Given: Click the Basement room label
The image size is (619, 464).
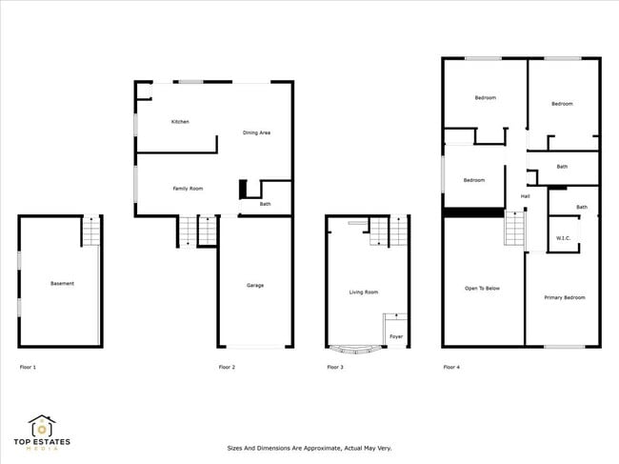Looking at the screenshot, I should pyautogui.click(x=62, y=283).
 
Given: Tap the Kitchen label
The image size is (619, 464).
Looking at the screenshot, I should pyautogui.click(x=180, y=122).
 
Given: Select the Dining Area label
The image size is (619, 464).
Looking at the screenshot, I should pyautogui.click(x=256, y=132).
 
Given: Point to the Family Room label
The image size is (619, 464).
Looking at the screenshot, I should pyautogui.click(x=188, y=189).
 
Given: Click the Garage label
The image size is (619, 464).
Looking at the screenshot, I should pyautogui.click(x=255, y=285).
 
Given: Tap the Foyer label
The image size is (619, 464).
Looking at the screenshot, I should pyautogui.click(x=395, y=336).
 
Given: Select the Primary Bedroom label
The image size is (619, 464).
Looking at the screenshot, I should pyautogui.click(x=565, y=297).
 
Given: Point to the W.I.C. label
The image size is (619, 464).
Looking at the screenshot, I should pyautogui.click(x=563, y=237).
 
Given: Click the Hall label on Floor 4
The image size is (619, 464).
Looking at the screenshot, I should pyautogui.click(x=525, y=196).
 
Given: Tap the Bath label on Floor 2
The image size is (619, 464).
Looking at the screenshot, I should pyautogui.click(x=265, y=203).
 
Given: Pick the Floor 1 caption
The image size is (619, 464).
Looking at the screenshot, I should pyautogui.click(x=29, y=367).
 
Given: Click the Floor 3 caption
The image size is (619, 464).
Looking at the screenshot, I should pyautogui.click(x=335, y=367).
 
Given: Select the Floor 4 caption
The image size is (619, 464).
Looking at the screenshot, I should pyautogui.click(x=451, y=367).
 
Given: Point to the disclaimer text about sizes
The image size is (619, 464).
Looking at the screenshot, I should pyautogui.click(x=309, y=448).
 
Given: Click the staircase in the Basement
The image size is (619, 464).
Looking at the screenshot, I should pyautogui.click(x=90, y=232).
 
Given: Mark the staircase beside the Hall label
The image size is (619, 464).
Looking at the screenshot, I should pyautogui.click(x=514, y=229).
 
